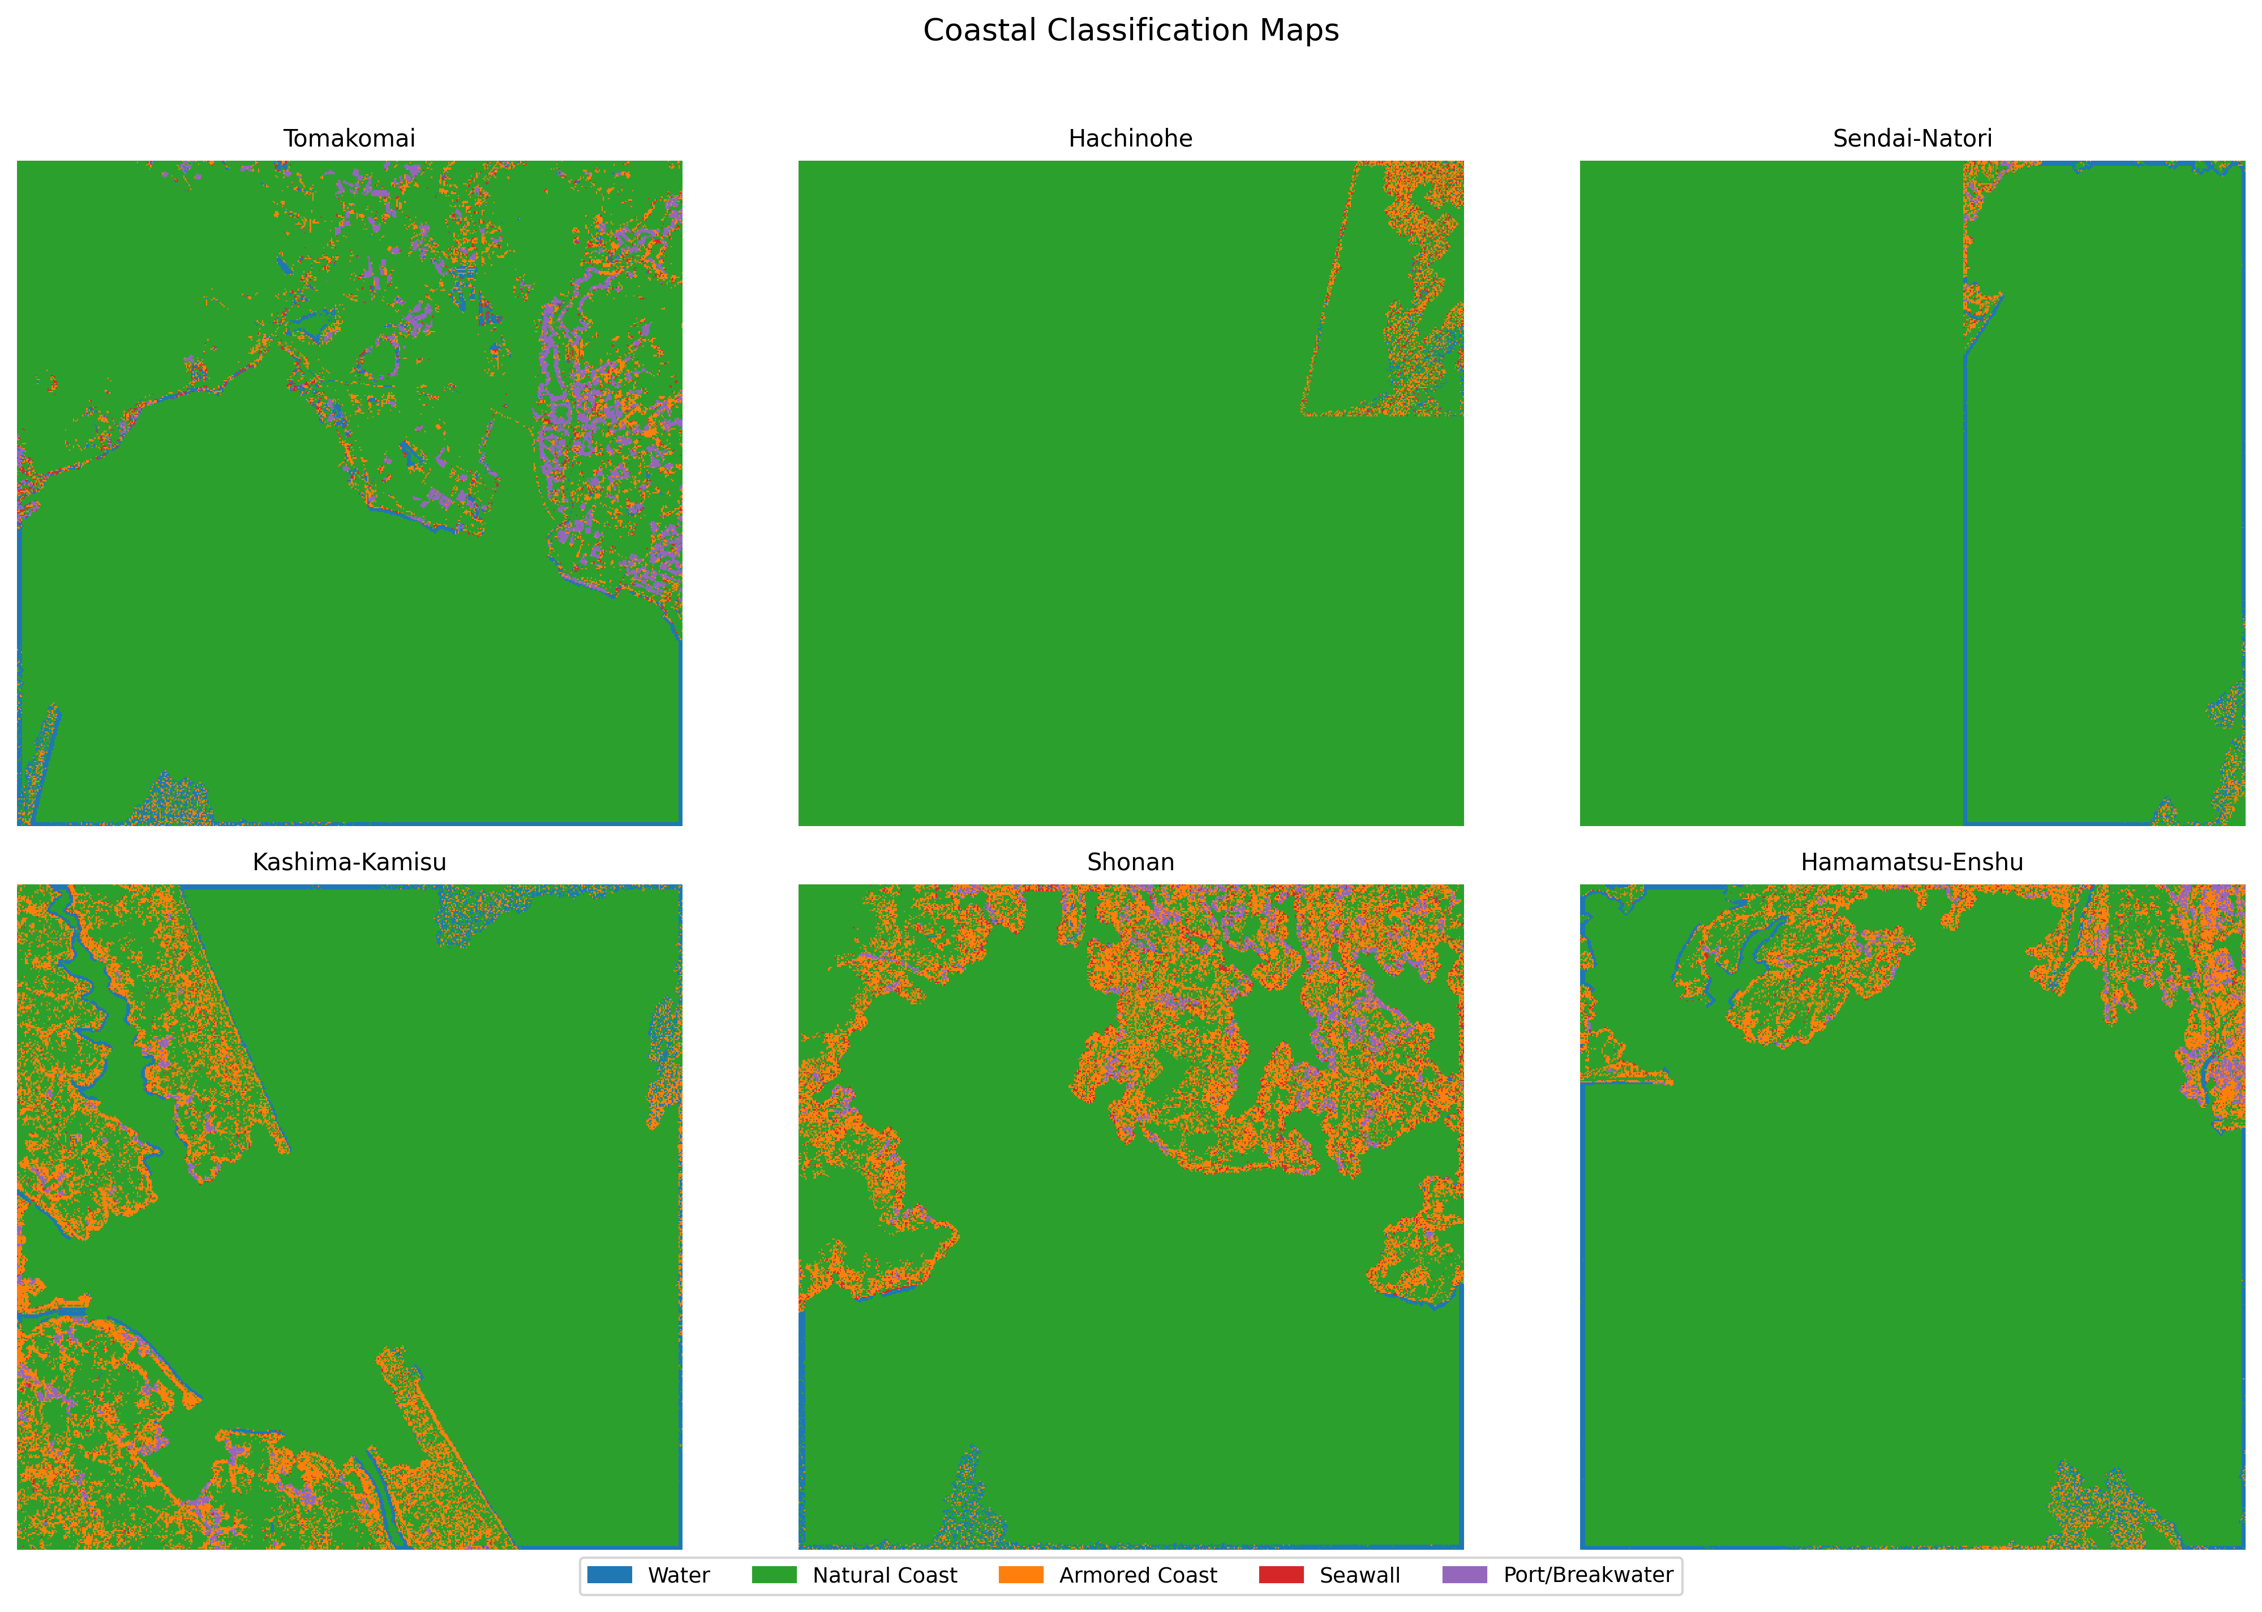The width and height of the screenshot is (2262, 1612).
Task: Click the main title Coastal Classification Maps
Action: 1131,31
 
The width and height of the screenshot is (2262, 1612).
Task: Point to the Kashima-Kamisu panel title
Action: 349,862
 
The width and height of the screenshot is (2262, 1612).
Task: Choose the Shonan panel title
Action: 1131,862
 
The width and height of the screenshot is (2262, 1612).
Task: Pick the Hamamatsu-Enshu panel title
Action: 1912,862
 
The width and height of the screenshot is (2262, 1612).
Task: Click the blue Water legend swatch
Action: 610,1575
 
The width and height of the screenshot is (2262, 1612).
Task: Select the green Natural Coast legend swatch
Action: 774,1575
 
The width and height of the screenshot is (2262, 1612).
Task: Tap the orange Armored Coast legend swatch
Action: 1020,1575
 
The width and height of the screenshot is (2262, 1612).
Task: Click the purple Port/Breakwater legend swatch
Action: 1465,1575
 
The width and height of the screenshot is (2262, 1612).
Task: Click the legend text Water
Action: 679,1575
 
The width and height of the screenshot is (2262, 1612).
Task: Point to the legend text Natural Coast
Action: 885,1575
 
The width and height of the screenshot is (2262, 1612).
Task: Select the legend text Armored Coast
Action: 1138,1575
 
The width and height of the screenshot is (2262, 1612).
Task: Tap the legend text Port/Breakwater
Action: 1588,1575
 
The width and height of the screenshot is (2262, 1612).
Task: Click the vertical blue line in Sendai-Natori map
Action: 1964,596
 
